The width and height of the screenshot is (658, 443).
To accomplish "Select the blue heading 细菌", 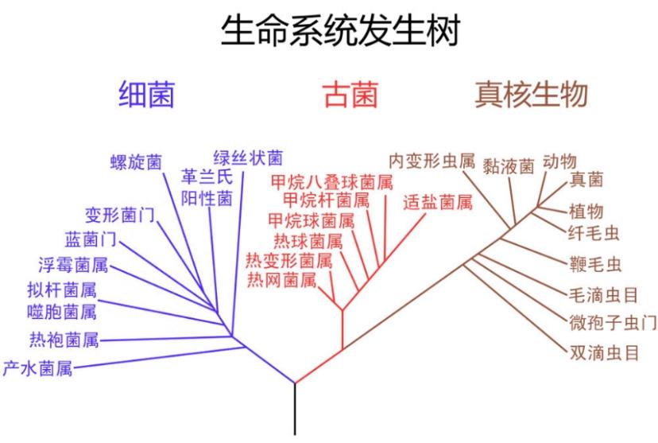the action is tap(146, 95).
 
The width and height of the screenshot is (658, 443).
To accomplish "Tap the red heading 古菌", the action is tap(351, 95).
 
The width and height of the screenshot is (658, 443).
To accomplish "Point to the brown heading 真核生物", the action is tap(531, 95).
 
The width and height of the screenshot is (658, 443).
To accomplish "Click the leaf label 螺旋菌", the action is tap(136, 162).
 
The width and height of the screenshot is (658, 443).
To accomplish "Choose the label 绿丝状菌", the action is tap(248, 158).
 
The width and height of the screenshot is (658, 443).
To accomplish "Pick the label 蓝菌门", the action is tap(91, 239).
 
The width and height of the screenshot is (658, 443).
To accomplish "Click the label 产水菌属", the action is tap(38, 368).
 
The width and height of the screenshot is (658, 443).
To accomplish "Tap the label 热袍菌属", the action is tap(64, 340).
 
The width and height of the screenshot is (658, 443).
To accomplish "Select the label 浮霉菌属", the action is tap(73, 266).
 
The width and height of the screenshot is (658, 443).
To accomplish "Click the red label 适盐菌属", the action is tap(438, 202).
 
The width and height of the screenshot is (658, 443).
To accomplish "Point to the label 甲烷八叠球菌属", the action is tap(331, 182).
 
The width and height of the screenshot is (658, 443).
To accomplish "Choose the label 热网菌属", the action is tap(281, 279).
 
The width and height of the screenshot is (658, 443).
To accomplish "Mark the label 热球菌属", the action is tap(308, 242).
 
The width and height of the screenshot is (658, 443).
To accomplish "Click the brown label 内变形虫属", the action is tap(432, 161).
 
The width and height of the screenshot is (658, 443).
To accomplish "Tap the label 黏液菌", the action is tap(508, 167).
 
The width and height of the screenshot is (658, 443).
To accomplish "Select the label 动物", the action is tap(559, 161).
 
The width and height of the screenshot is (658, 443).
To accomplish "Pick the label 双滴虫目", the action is tap(604, 352).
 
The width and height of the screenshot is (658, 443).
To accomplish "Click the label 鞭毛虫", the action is tap(595, 265).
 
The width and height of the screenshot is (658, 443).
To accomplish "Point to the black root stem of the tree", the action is tap(295, 409).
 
